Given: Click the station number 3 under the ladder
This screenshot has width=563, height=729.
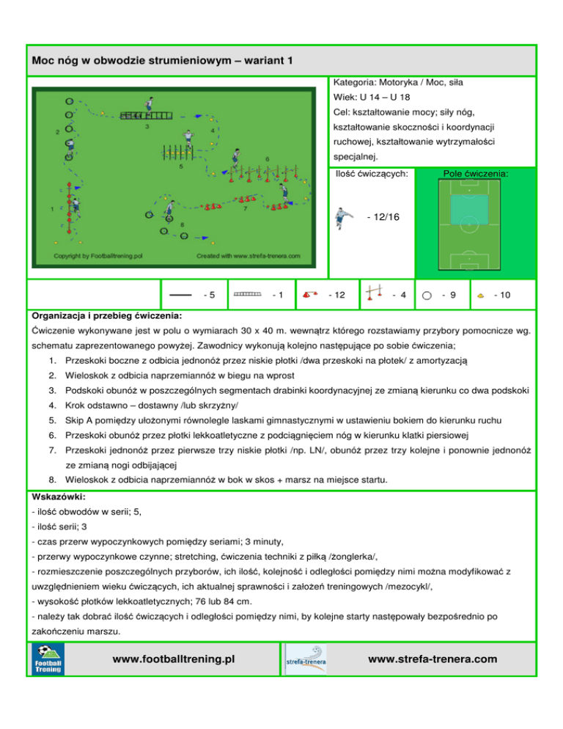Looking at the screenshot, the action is click(x=147, y=126).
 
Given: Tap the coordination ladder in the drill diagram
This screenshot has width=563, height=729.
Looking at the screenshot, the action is click(x=146, y=115).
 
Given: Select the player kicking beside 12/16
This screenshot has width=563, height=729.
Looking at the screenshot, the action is click(x=344, y=218).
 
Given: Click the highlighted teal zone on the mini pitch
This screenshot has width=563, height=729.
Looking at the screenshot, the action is click(x=469, y=209).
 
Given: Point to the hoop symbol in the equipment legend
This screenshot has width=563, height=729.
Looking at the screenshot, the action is click(x=427, y=296).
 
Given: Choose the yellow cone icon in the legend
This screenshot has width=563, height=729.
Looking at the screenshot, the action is click(x=481, y=296).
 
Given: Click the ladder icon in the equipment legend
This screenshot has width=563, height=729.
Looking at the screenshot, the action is click(x=247, y=294).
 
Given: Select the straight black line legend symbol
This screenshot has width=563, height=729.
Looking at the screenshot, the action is click(x=180, y=295).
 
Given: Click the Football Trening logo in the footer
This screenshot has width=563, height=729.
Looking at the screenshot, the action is click(x=48, y=659).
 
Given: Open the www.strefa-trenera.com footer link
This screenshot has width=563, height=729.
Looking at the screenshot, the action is click(x=433, y=659).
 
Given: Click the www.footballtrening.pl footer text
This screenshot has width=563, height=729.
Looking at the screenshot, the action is click(x=174, y=659).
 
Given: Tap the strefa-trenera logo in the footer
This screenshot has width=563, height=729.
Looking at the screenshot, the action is click(x=306, y=659).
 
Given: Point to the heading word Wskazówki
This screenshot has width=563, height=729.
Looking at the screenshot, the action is click(x=59, y=497).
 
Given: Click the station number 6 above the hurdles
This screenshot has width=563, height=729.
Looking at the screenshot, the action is click(x=268, y=159).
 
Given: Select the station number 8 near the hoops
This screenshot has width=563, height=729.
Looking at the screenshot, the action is click(x=183, y=224).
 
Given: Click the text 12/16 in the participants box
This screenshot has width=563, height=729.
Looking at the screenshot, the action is click(x=383, y=217).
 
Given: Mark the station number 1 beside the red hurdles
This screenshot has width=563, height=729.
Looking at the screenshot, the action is click(x=52, y=209).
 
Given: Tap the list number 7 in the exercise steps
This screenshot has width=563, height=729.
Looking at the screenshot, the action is click(x=53, y=450).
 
